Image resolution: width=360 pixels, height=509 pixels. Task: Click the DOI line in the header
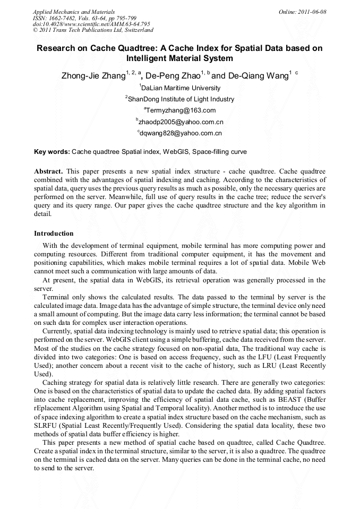[91, 24]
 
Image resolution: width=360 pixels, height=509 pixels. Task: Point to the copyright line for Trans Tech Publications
[93, 30]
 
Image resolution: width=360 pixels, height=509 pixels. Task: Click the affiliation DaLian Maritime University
[181, 88]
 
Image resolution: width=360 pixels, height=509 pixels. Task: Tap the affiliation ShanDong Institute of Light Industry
[180, 99]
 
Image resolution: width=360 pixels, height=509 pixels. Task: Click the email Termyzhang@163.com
[181, 110]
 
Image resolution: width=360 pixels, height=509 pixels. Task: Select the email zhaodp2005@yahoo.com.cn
[181, 122]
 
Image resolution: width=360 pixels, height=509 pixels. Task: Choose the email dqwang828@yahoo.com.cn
[181, 133]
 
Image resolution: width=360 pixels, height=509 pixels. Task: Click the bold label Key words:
[52, 152]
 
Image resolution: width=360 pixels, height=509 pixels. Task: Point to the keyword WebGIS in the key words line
[176, 152]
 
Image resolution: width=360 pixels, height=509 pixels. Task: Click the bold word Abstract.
[48, 171]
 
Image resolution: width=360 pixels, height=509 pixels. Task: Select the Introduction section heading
[54, 234]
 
